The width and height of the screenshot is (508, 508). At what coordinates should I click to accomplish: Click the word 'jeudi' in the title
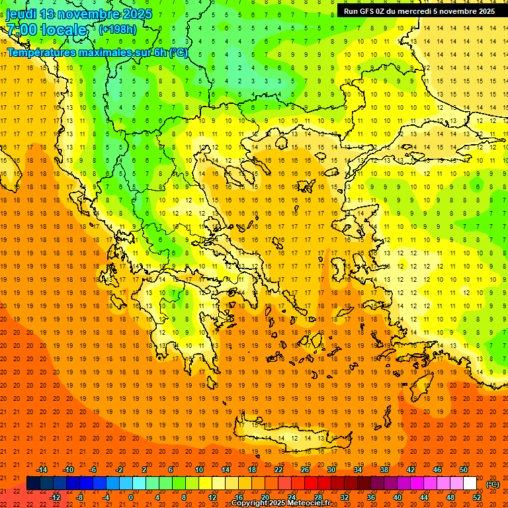click(21, 14)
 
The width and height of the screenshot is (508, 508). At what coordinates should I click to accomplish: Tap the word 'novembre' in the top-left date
click(90, 14)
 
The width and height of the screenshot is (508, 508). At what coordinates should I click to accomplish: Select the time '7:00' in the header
click(21, 30)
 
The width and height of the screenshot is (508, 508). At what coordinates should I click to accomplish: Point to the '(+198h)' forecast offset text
click(117, 29)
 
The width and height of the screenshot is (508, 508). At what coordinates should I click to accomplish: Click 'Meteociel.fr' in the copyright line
click(309, 503)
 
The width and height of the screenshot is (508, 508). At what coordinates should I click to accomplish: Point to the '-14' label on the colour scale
click(43, 470)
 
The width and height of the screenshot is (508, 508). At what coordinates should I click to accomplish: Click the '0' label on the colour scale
click(131, 497)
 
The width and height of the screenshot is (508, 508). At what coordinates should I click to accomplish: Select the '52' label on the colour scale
click(477, 497)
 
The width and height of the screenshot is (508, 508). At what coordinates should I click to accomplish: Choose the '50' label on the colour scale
click(464, 470)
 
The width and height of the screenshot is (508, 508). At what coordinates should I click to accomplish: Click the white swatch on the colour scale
click(470, 484)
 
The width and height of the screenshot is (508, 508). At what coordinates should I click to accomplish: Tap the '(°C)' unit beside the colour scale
click(492, 484)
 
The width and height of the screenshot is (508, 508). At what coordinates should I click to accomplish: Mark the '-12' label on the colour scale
click(56, 497)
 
